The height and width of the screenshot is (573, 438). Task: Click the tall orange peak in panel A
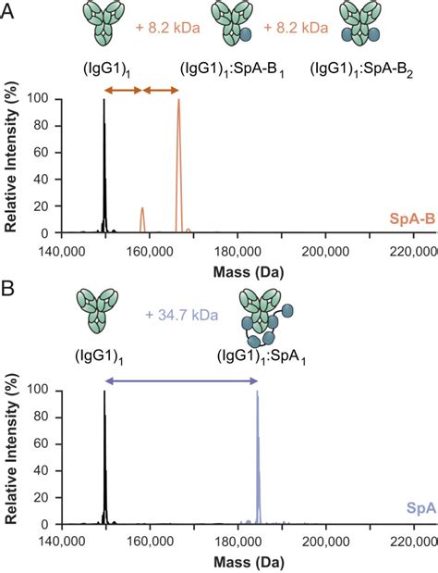pyautogui.click(x=178, y=167)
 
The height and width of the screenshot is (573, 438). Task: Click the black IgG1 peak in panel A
pyautogui.click(x=104, y=167)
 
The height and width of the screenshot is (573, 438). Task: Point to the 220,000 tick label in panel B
pyautogui.click(x=411, y=541)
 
